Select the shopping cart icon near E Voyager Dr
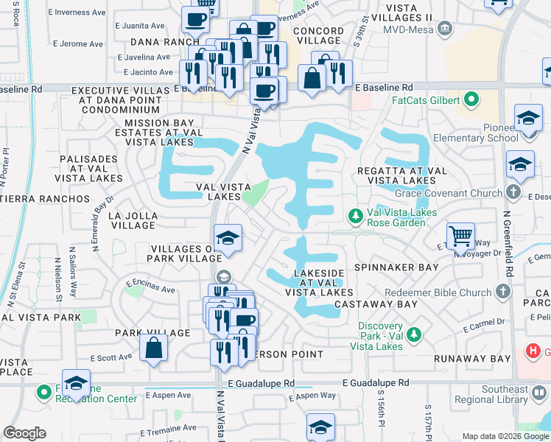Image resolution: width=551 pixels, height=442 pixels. [x=461, y=236]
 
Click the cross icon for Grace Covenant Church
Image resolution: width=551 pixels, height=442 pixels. [x=515, y=193]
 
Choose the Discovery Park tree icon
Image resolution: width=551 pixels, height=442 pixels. [x=415, y=335]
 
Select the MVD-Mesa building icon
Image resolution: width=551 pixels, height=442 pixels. [x=445, y=29]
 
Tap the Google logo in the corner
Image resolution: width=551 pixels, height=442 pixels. [x=25, y=433]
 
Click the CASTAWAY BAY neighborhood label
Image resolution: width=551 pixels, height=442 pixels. [x=376, y=304]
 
